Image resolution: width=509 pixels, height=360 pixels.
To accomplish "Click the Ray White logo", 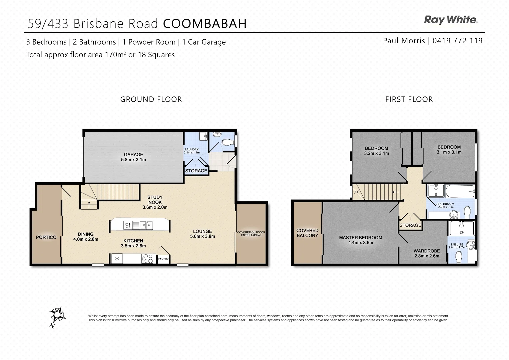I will [451, 20].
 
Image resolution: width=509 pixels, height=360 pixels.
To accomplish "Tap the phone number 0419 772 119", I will [457, 41].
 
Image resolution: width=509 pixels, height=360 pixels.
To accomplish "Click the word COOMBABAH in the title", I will [205, 24].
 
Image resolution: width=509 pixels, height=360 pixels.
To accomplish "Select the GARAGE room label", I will [133, 154].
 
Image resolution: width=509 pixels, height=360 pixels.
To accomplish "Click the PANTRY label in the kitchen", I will [163, 259].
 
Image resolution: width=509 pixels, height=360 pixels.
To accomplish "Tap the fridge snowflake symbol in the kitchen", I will [117, 258].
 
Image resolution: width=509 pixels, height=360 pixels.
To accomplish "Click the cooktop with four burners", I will [147, 258].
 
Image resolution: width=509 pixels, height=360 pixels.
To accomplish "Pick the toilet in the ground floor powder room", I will [228, 142].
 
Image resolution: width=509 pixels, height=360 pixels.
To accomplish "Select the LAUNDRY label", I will [192, 149].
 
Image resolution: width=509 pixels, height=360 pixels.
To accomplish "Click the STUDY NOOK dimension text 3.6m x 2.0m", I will [155, 207].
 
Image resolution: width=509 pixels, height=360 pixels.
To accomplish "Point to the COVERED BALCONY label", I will [307, 233].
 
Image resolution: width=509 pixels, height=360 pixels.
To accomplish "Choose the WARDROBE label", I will [427, 251].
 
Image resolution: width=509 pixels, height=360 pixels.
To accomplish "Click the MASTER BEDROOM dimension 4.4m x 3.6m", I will [361, 243].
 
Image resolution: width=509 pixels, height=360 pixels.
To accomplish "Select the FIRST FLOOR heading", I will [409, 99].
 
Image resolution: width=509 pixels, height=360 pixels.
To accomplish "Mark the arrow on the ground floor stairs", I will [89, 203].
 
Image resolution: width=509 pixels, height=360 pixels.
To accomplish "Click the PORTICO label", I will [46, 237].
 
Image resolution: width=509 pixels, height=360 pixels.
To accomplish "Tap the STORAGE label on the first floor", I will [410, 225].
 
